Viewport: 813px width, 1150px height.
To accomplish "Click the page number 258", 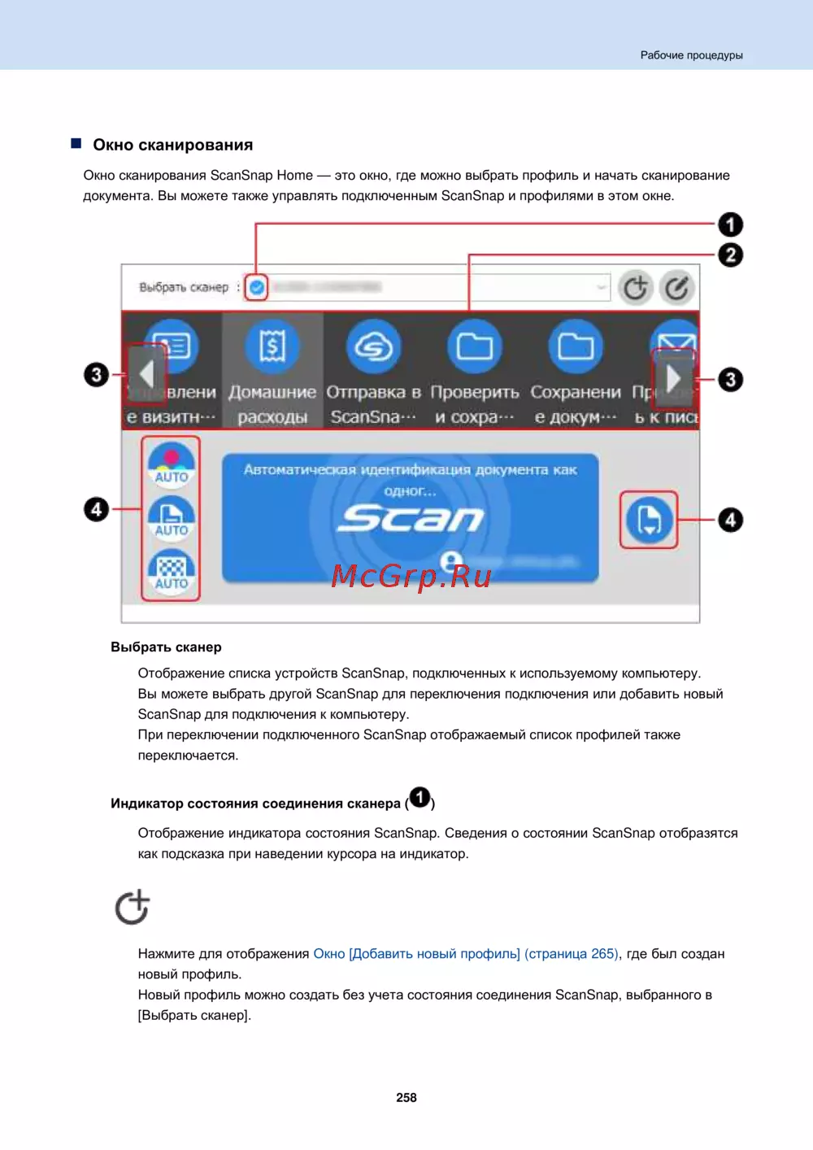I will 406,1097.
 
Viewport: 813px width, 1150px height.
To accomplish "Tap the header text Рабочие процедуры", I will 691,55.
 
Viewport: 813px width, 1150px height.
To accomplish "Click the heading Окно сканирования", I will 172,145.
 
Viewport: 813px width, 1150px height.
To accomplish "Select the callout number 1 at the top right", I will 730,224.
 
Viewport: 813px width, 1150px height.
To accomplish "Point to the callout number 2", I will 730,255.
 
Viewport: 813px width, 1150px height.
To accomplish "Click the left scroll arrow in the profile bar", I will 146,375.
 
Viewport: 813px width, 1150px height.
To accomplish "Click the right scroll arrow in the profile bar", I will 673,377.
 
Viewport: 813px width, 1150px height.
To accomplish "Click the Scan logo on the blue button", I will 411,518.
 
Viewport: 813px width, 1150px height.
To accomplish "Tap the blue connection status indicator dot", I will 257,287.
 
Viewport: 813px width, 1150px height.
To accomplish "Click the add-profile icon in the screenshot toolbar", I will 636,288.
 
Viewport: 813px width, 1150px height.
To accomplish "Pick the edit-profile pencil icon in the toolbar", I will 676,288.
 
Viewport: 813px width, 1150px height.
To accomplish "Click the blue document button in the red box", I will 649,520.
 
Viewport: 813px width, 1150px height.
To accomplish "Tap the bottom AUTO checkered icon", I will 171,572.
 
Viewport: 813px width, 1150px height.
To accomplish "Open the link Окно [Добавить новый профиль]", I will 416,953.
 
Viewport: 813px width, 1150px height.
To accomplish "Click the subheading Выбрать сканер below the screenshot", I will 166,647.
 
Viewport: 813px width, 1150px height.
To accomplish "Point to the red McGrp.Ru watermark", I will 411,576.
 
